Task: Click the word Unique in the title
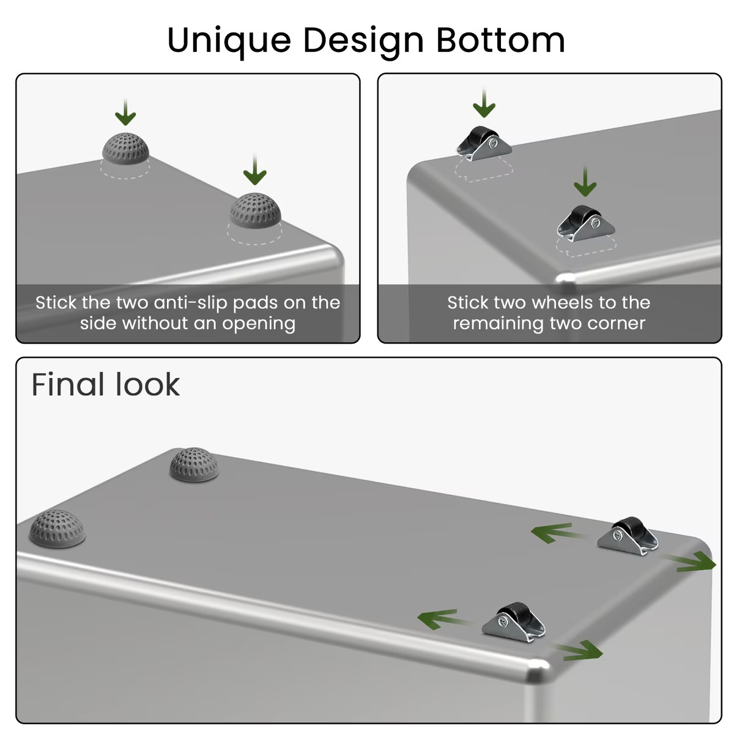[x=229, y=41]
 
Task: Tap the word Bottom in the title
[x=500, y=40]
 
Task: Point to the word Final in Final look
[x=67, y=384]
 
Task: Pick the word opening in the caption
[x=259, y=324]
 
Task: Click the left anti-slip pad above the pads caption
[x=125, y=148]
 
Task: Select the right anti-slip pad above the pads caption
[x=255, y=210]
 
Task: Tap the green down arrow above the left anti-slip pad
[x=125, y=113]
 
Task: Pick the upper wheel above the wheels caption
[x=484, y=144]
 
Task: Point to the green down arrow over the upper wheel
[x=484, y=103]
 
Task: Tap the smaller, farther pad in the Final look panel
[x=195, y=464]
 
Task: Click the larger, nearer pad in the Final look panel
[x=57, y=528]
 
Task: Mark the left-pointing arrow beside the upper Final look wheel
[x=555, y=533]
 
